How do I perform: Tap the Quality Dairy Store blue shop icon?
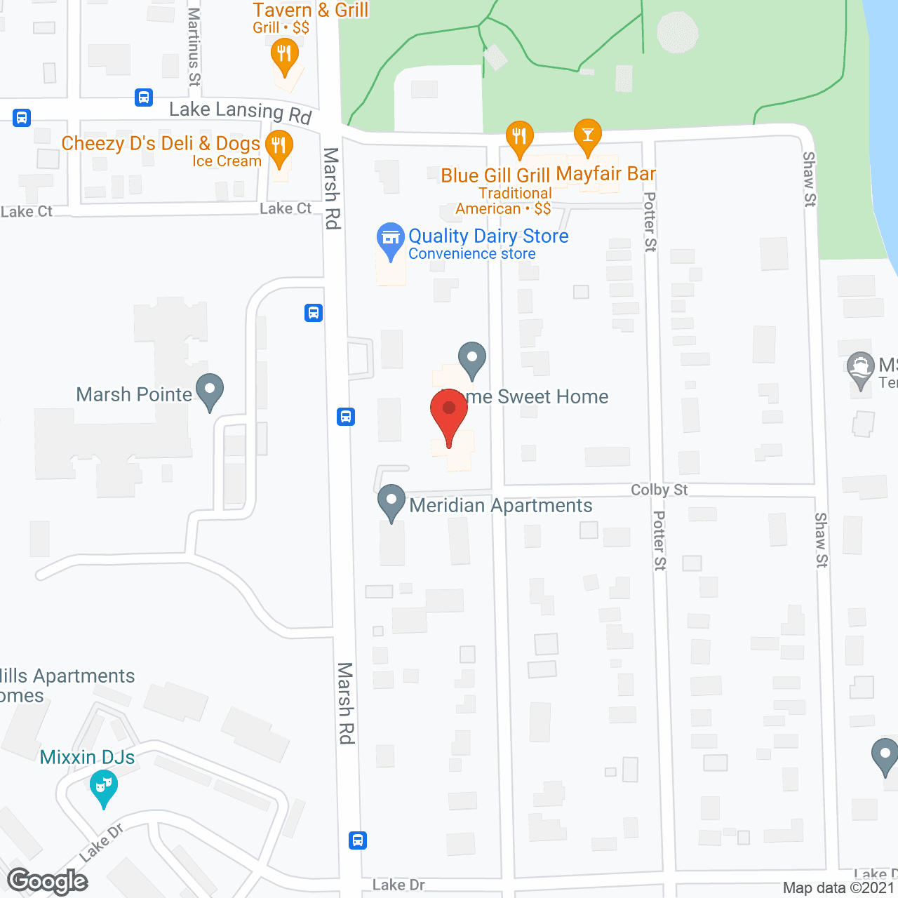(x=391, y=239)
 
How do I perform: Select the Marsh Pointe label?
(x=134, y=394)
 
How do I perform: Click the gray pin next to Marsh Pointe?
(x=210, y=390)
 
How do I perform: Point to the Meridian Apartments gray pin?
(x=391, y=502)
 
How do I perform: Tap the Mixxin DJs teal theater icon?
(x=104, y=786)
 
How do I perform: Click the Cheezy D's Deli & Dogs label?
(x=161, y=143)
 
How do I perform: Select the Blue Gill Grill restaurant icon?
(x=519, y=137)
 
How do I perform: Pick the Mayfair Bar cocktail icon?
(x=588, y=135)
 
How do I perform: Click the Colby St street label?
(x=659, y=490)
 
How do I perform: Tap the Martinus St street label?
(x=194, y=47)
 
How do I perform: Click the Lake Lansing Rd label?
(x=240, y=111)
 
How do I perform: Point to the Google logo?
(x=48, y=881)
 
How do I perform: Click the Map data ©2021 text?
(x=838, y=888)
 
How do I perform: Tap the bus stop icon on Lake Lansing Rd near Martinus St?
(x=144, y=97)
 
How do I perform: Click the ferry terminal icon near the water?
(x=861, y=368)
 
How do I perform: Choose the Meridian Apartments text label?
(x=501, y=505)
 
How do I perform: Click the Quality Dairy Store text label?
(x=488, y=236)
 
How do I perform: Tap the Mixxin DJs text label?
(x=87, y=757)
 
